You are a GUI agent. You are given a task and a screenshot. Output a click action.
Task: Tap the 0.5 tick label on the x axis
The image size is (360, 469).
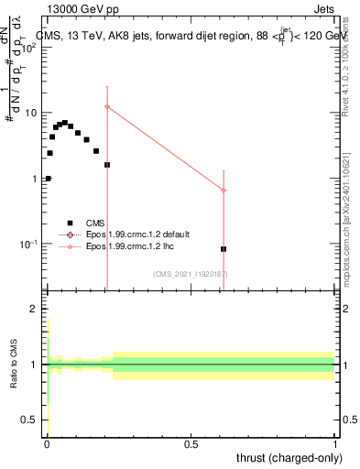(191, 443)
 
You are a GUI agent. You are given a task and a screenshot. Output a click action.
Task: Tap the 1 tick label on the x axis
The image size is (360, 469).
(335, 443)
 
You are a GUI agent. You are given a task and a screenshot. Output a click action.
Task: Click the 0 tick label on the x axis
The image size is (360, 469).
(47, 443)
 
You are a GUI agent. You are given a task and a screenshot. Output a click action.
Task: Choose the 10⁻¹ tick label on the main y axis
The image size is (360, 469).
(27, 245)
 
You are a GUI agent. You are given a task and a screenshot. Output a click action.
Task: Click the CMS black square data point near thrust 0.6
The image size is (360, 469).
(224, 249)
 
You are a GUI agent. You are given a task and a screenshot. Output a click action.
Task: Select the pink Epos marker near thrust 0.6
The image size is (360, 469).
(224, 191)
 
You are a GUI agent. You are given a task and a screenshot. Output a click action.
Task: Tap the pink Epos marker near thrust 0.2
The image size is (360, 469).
(107, 107)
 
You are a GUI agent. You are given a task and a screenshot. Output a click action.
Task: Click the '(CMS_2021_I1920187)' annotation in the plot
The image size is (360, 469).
(190, 274)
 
